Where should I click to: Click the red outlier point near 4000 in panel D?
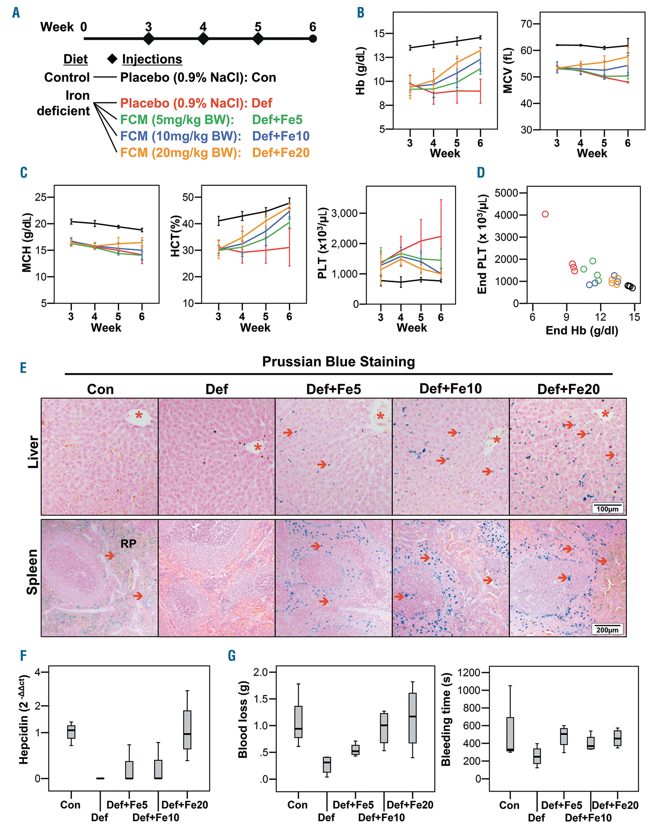pyautogui.click(x=545, y=214)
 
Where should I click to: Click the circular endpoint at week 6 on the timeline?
pyautogui.click(x=313, y=38)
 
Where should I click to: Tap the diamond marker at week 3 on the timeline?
pyautogui.click(x=149, y=38)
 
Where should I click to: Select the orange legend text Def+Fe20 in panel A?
pyautogui.click(x=281, y=153)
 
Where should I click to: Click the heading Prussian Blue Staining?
pyautogui.click(x=338, y=361)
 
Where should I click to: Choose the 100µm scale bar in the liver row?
pyautogui.click(x=607, y=508)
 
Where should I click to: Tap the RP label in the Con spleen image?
pyautogui.click(x=128, y=544)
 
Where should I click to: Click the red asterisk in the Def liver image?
pyautogui.click(x=258, y=448)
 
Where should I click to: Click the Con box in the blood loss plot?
pyautogui.click(x=298, y=722)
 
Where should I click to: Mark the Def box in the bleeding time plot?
pyautogui.click(x=537, y=756)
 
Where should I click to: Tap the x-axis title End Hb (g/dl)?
pyautogui.click(x=582, y=330)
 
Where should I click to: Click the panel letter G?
pyautogui.click(x=232, y=656)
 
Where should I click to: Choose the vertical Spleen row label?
pyautogui.click(x=33, y=571)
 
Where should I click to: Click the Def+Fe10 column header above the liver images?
pyautogui.click(x=450, y=389)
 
